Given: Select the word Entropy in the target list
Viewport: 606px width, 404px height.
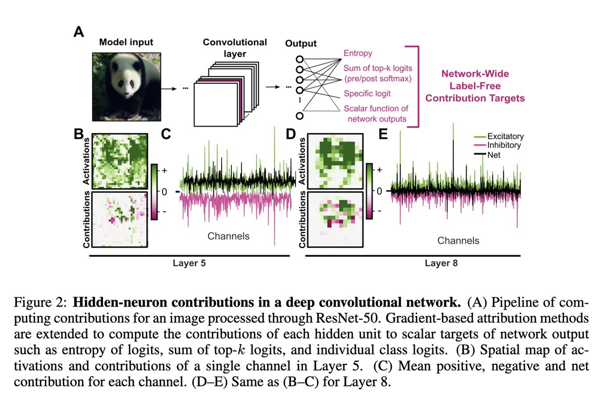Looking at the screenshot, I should (x=358, y=52).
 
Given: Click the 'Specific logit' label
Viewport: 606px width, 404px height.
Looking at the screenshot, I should (x=367, y=93).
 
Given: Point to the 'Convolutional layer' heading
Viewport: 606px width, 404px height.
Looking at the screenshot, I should (x=235, y=48).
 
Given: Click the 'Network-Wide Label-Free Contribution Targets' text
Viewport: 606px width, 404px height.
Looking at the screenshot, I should (x=475, y=86).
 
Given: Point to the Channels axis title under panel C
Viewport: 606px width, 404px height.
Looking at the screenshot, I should (x=228, y=236).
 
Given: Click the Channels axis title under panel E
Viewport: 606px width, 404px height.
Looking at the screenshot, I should (x=458, y=241).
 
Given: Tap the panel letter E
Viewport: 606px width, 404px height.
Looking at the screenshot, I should (x=384, y=135).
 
